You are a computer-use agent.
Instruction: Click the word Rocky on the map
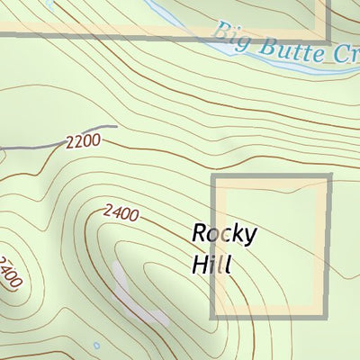225,235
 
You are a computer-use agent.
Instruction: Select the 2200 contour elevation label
82,142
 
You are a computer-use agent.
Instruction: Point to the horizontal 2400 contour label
121,213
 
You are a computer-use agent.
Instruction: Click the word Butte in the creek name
279,46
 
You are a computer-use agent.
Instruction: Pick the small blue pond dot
96,345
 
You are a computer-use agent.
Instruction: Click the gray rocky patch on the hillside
135,292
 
